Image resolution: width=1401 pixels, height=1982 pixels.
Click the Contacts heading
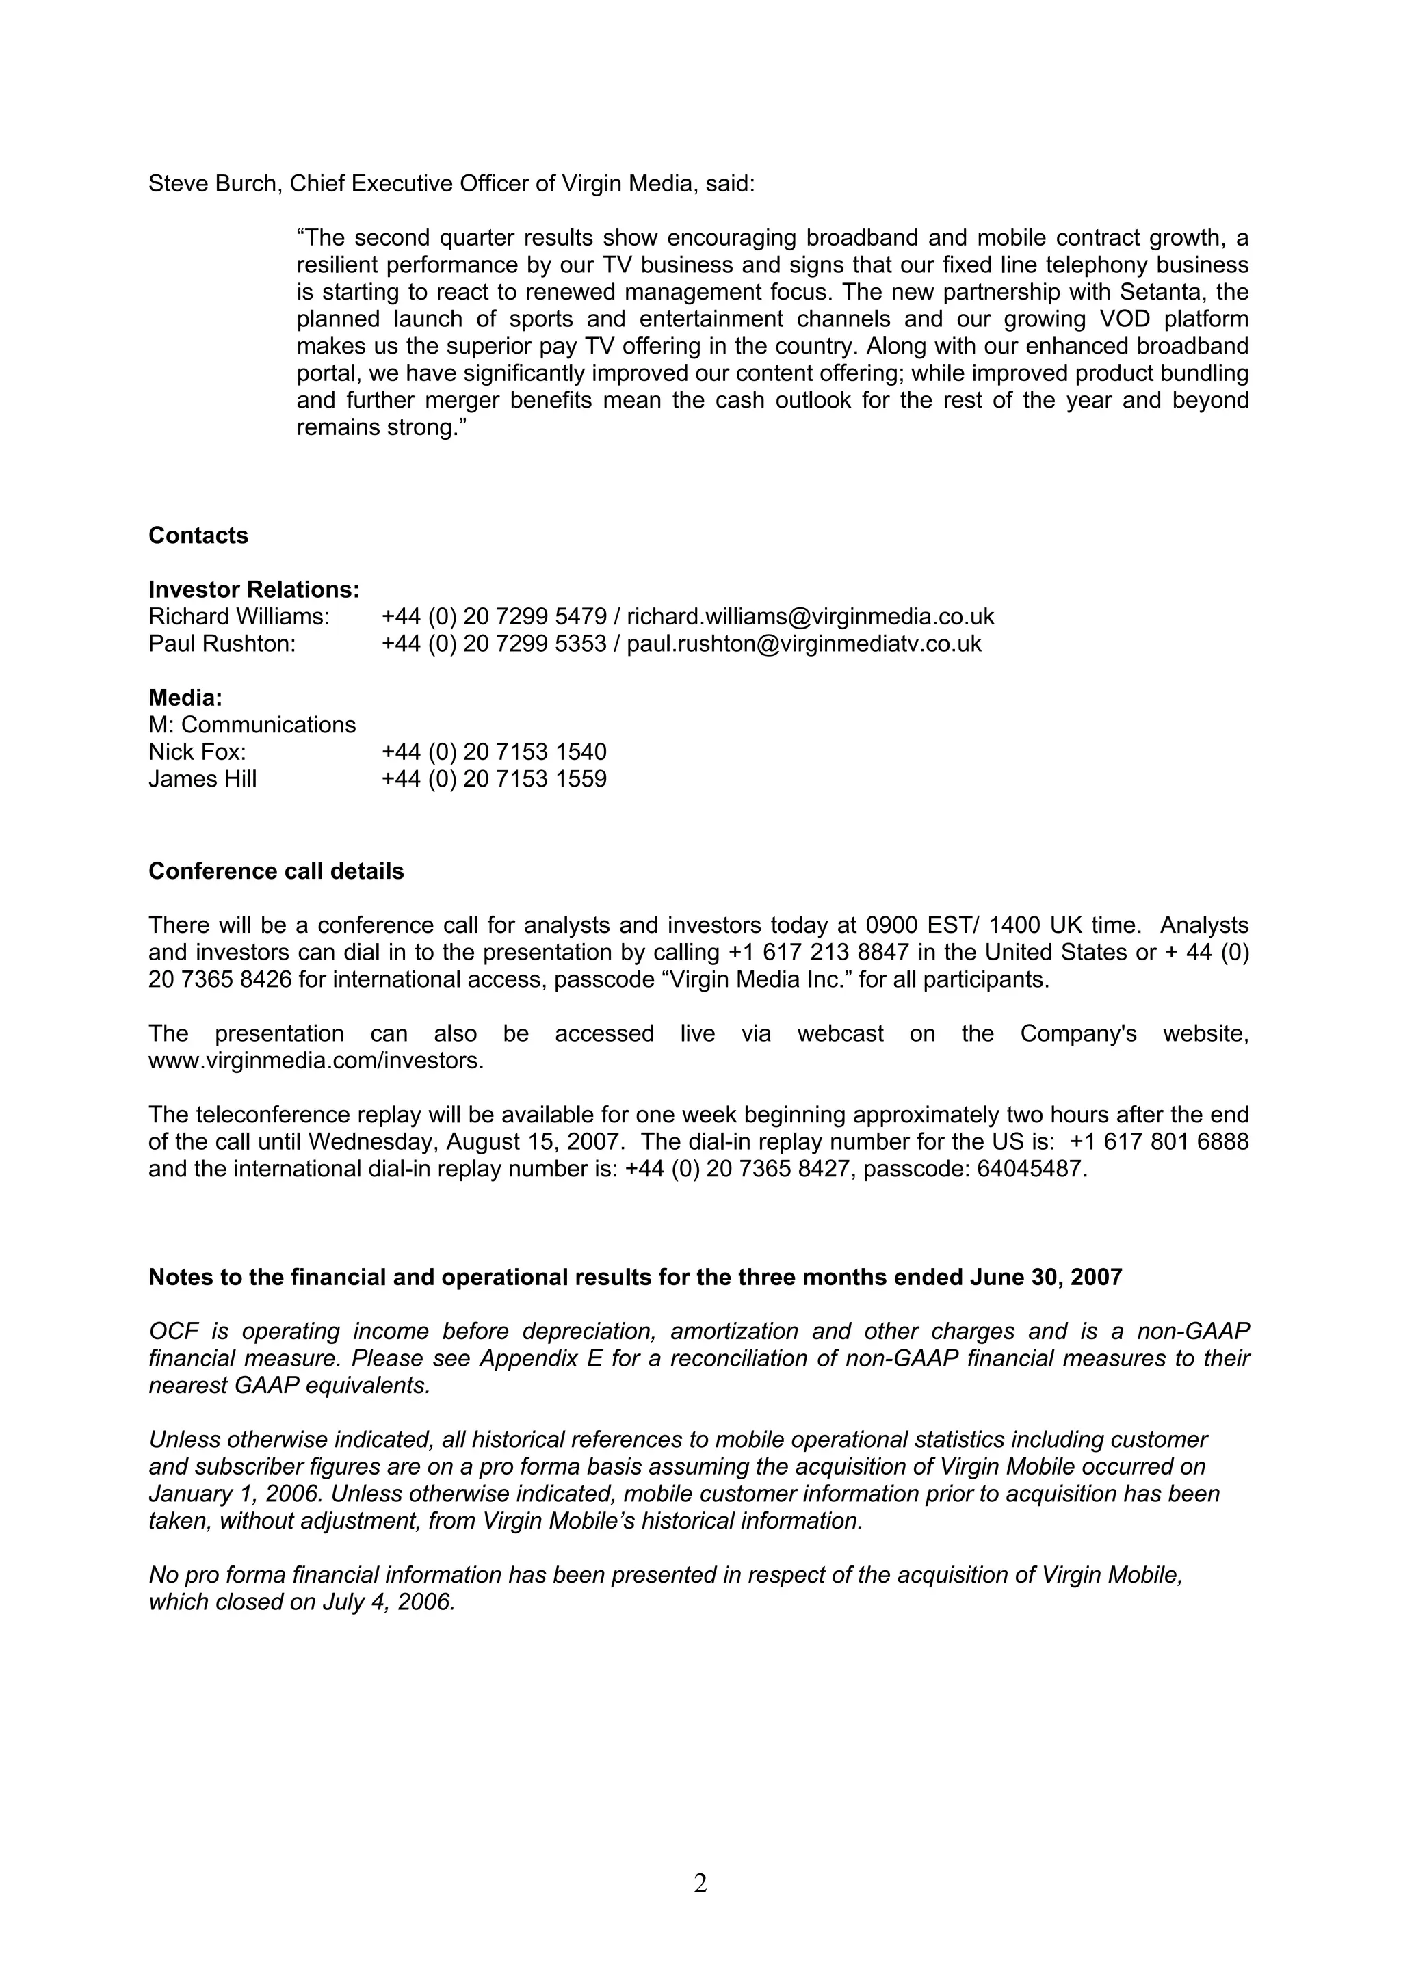coord(198,536)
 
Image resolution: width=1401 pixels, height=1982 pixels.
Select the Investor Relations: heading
coord(254,590)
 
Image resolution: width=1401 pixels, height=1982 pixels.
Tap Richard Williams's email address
coord(810,616)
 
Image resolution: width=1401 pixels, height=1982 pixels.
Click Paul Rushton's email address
coord(804,644)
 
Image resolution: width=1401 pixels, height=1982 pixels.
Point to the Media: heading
coord(185,698)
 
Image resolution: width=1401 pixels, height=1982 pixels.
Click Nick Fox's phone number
coord(494,752)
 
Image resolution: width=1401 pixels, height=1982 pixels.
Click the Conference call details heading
coord(276,871)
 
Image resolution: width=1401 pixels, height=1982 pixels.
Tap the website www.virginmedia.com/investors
coord(315,1061)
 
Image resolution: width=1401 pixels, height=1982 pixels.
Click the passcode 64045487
coord(1031,1169)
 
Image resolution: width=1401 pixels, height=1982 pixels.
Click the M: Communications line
coord(252,724)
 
